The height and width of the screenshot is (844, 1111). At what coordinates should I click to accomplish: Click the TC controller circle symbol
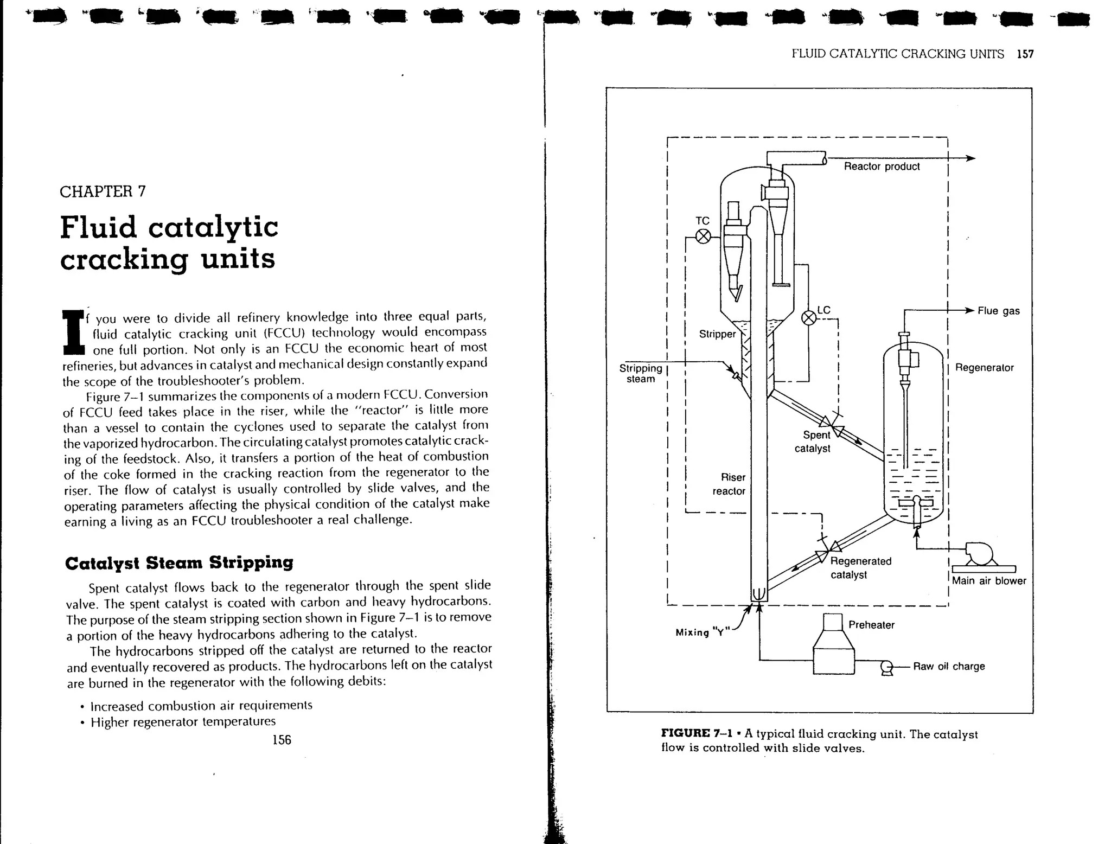point(703,236)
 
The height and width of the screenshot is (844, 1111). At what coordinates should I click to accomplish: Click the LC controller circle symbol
point(809,318)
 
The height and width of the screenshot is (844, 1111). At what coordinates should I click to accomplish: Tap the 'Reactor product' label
point(882,167)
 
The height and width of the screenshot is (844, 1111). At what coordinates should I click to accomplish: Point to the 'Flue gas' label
point(998,311)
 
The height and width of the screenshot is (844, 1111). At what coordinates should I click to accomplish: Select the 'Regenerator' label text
point(984,368)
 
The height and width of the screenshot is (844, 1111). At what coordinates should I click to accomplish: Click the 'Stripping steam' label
point(641,373)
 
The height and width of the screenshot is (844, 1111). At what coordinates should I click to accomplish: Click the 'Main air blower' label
point(989,581)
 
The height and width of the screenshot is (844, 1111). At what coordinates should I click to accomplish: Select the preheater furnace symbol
point(833,645)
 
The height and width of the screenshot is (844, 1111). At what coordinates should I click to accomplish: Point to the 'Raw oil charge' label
point(949,666)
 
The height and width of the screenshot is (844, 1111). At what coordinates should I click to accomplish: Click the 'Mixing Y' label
point(700,632)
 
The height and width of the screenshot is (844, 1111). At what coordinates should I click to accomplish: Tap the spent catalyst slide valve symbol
point(831,427)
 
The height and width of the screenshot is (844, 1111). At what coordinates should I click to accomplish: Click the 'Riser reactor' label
point(730,484)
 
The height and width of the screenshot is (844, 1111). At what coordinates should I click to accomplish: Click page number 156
point(282,740)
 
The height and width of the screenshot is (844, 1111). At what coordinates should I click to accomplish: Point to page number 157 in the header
point(1025,54)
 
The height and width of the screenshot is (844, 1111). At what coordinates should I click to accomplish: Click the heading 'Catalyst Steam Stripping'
point(179,562)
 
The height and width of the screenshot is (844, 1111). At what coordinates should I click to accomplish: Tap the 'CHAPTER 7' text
point(103,191)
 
